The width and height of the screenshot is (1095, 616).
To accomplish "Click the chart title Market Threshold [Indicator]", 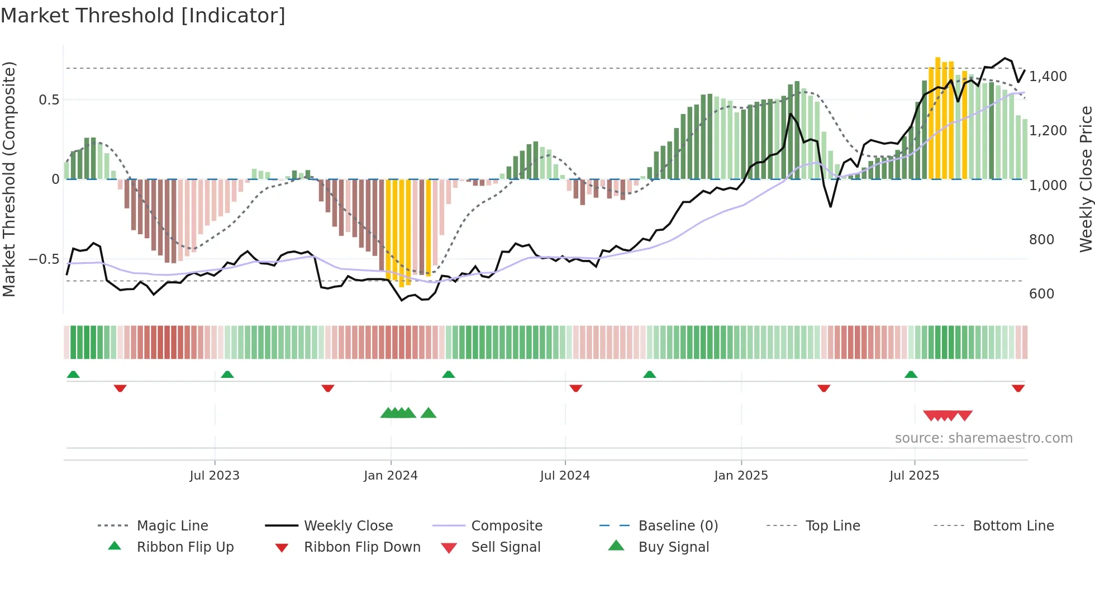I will click(x=143, y=16).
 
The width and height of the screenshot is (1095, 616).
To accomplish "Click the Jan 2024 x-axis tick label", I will click(x=391, y=475).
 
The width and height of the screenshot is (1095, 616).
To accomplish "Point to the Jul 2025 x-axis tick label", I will click(x=914, y=475).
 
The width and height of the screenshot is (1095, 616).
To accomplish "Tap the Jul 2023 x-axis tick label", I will click(x=215, y=475).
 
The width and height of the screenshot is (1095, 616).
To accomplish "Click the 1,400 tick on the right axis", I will click(x=1048, y=76).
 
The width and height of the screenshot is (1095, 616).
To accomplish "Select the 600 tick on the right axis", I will click(x=1041, y=293).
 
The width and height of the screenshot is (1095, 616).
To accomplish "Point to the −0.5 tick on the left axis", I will click(x=44, y=259).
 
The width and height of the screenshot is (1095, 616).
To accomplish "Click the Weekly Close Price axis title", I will click(x=1086, y=179).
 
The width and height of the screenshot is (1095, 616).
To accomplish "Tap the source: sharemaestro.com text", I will click(x=983, y=438).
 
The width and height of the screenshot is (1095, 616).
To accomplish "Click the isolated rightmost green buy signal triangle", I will click(x=429, y=413).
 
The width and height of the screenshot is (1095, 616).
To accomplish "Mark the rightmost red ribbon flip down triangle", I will click(x=1018, y=388).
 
